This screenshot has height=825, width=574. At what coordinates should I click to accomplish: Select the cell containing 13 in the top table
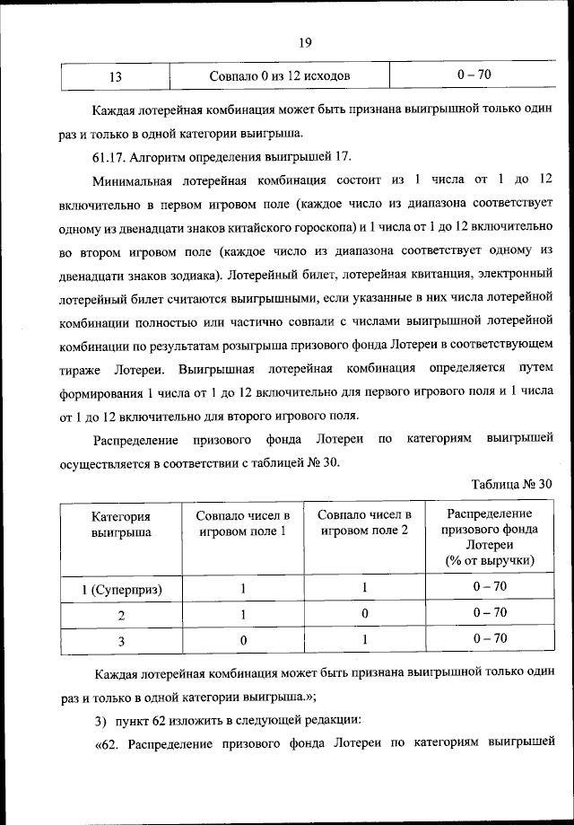pos(115,76)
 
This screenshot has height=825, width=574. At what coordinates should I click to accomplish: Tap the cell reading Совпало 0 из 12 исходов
pos(279,76)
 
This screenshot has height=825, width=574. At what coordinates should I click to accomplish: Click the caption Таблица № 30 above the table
pos(511,485)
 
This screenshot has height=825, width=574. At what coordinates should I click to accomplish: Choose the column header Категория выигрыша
pos(121,524)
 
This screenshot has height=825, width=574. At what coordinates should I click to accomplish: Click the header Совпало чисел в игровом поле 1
pos(243,522)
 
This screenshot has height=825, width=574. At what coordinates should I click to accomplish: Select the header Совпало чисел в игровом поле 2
pos(364,522)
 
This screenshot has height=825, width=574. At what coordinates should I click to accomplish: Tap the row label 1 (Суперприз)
pos(121,590)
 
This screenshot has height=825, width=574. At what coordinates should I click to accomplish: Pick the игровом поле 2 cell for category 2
pos(364,615)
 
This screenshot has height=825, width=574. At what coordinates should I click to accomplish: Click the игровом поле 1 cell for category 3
pos(243,640)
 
